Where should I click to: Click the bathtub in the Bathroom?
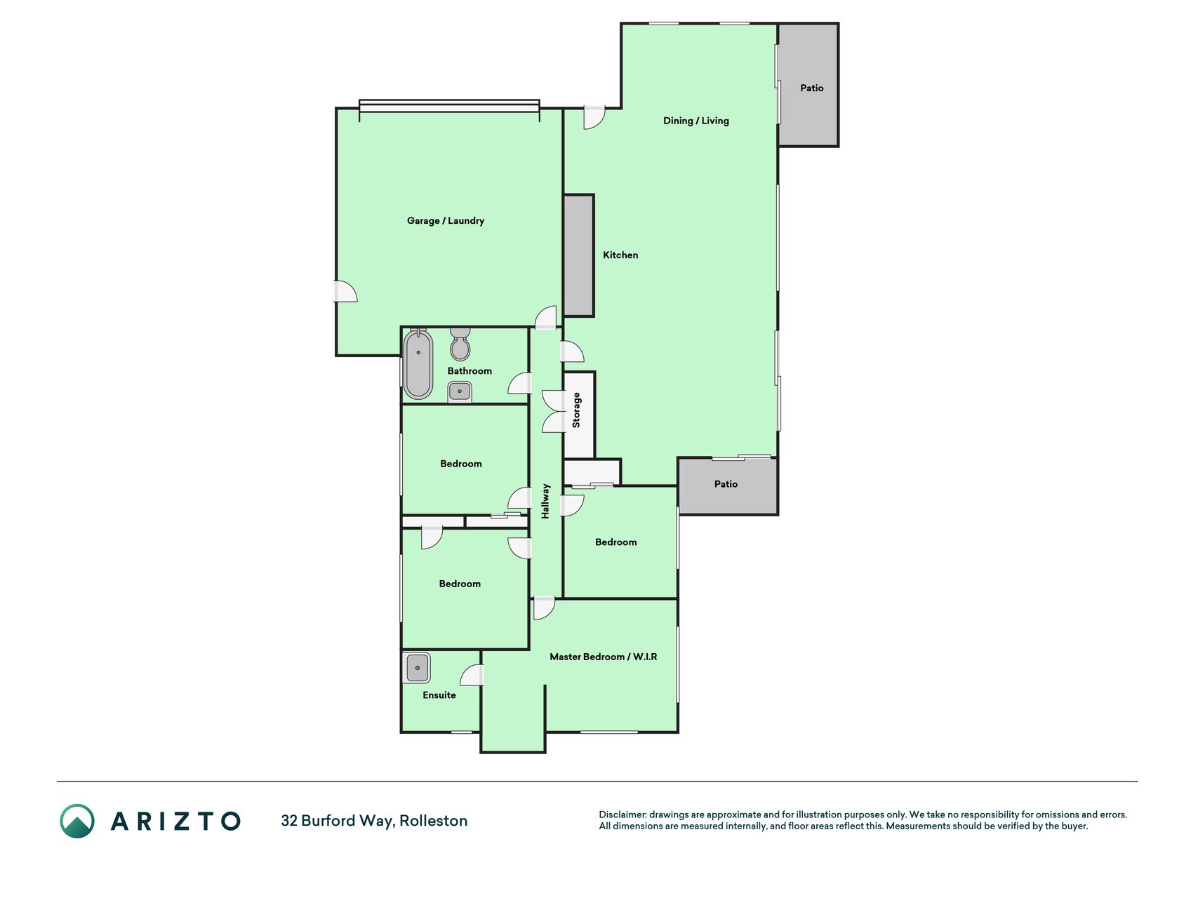pos(418,364)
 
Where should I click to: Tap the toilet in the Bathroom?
pos(460,343)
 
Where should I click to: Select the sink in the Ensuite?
pos(417,668)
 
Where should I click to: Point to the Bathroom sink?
pos(460,391)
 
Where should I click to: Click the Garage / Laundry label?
pos(446,220)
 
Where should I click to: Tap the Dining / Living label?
pos(696,121)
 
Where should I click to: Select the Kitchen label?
pos(620,255)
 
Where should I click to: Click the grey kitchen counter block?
pos(579,255)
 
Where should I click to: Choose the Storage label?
pos(576,410)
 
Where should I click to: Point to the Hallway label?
pos(545,501)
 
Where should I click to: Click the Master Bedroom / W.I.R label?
pos(604,657)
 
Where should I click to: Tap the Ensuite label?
pos(439,695)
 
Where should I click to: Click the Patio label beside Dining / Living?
pos(812,88)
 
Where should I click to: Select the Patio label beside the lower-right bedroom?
pos(726,484)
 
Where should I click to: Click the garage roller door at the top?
pos(449,106)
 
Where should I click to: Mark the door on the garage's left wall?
pos(345,291)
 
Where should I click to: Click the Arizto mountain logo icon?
pos(77,821)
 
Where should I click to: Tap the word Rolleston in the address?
pos(434,821)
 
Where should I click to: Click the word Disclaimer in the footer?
pos(622,815)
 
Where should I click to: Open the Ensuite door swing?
pos(472,675)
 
